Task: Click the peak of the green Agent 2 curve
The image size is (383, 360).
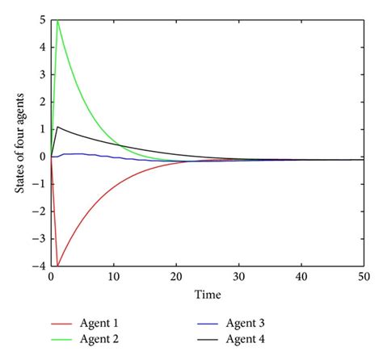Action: (x=57, y=22)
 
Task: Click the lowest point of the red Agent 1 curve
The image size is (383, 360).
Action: (x=57, y=266)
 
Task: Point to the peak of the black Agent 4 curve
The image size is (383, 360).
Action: (x=57, y=127)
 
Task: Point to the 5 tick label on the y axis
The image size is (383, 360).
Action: (x=43, y=21)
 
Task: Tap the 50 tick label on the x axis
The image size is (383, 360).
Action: (x=362, y=277)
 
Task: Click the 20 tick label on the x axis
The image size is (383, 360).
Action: (x=176, y=277)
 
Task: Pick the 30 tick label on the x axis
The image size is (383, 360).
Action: (x=238, y=277)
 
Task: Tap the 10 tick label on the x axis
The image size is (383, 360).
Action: (x=114, y=277)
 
